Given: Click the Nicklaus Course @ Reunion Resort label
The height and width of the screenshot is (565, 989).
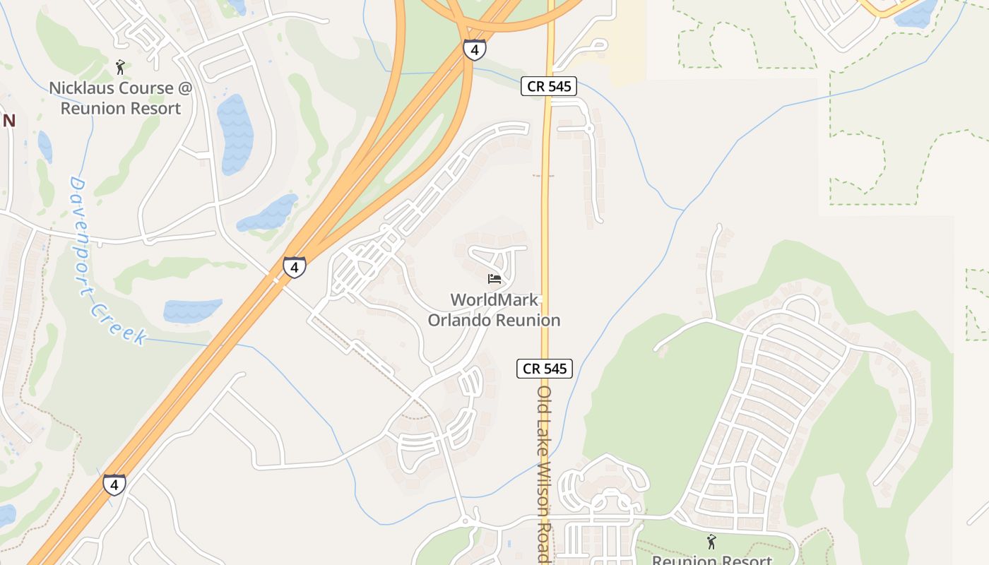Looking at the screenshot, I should click(x=120, y=98).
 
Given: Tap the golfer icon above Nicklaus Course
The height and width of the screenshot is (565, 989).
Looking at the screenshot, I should click(x=120, y=67).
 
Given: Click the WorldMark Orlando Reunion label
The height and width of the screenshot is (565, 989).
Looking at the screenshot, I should click(x=494, y=309).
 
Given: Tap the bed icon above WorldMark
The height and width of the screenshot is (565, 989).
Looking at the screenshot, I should click(x=494, y=279).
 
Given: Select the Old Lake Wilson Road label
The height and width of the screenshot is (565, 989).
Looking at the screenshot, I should click(x=543, y=473).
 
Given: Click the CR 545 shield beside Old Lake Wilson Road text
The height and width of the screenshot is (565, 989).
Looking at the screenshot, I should click(x=544, y=368).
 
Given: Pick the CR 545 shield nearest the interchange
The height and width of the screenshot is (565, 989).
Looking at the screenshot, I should click(x=549, y=86).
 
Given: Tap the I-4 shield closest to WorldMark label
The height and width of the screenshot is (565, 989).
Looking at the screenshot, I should click(x=295, y=267).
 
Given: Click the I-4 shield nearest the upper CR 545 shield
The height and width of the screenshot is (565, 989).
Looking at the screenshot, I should click(x=474, y=49).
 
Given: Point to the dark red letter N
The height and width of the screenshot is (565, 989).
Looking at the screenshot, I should click(x=8, y=121).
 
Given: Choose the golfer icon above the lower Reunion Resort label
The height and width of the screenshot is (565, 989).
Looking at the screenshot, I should click(x=711, y=542).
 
